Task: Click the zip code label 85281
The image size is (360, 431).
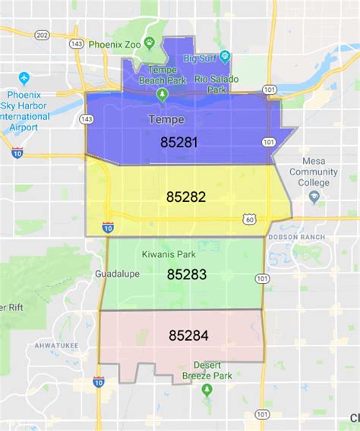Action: (179, 142)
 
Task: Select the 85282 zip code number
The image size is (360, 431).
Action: (186, 197)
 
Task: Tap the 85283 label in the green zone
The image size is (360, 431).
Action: (187, 275)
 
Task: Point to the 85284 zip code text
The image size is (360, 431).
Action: (188, 335)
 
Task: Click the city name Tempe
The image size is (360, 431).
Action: (166, 119)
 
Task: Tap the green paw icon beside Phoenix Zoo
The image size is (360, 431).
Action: (150, 42)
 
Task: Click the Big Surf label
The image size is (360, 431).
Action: (200, 58)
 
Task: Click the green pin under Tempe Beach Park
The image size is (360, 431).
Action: (161, 94)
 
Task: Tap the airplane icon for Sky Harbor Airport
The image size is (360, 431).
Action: (24, 78)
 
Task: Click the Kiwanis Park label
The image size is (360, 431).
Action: (167, 255)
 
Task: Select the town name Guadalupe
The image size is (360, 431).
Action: (118, 274)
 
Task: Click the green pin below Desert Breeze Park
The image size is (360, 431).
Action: (207, 389)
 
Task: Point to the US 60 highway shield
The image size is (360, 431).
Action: (250, 219)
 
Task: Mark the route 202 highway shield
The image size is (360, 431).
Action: (43, 34)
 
